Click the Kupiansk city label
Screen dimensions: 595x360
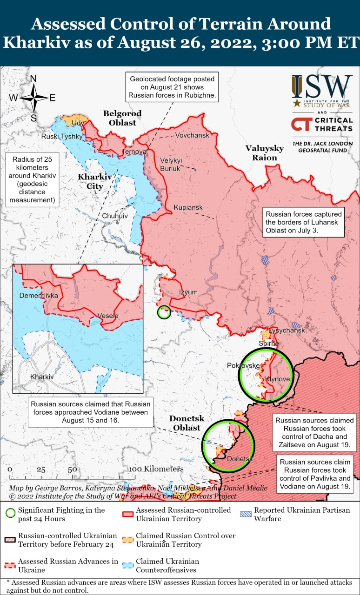click(188, 207)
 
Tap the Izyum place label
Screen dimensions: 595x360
click(188, 292)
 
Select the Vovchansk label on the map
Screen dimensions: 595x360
click(192, 135)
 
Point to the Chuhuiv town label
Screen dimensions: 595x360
click(114, 216)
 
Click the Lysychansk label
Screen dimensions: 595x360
click(287, 331)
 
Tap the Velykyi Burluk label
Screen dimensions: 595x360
click(171, 164)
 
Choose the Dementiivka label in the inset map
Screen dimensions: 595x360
click(39, 295)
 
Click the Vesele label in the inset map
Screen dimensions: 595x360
click(108, 316)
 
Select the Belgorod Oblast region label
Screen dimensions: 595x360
click(122, 118)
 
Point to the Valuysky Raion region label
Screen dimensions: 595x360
click(265, 152)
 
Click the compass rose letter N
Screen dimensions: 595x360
click(33, 79)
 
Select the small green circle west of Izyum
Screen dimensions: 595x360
click(164, 312)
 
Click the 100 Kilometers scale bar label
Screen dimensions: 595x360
click(156, 469)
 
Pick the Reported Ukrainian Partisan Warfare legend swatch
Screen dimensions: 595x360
click(246, 514)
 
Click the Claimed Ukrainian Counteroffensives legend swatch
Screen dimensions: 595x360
click(128, 565)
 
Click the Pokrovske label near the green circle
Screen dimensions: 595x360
click(243, 365)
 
